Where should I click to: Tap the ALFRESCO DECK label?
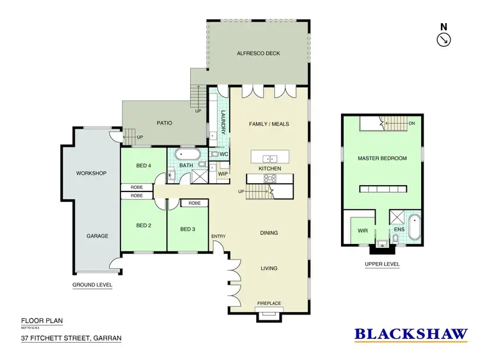(x=259, y=53)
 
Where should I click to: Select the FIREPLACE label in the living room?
(x=268, y=302)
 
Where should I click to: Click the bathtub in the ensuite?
(x=416, y=229)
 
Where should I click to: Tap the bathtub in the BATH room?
(x=189, y=154)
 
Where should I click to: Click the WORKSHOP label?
(x=90, y=173)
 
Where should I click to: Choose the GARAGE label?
(x=97, y=236)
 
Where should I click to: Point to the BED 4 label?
(x=143, y=165)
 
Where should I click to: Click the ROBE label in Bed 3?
(x=195, y=203)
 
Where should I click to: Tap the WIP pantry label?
(x=223, y=174)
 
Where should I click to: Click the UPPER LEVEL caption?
(x=382, y=264)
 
